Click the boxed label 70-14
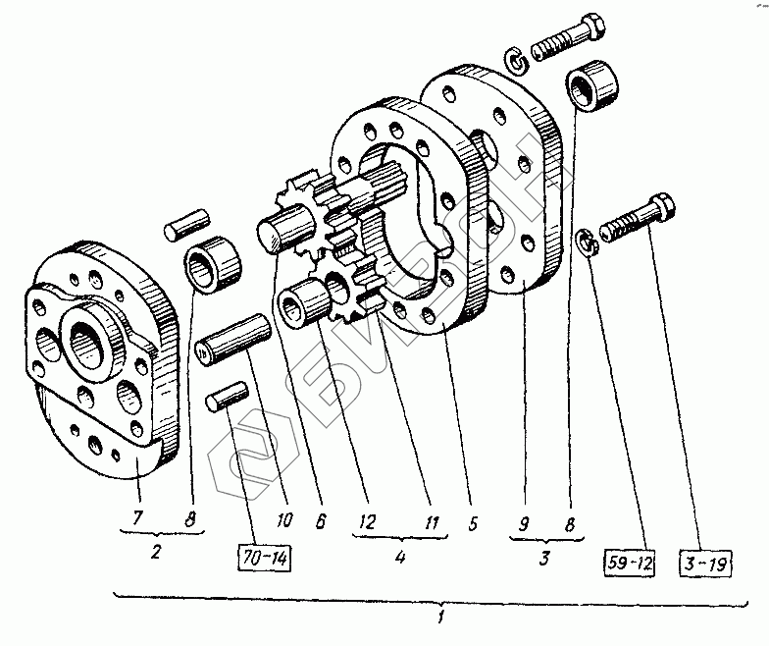[265, 562]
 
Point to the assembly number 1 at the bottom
[442, 619]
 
